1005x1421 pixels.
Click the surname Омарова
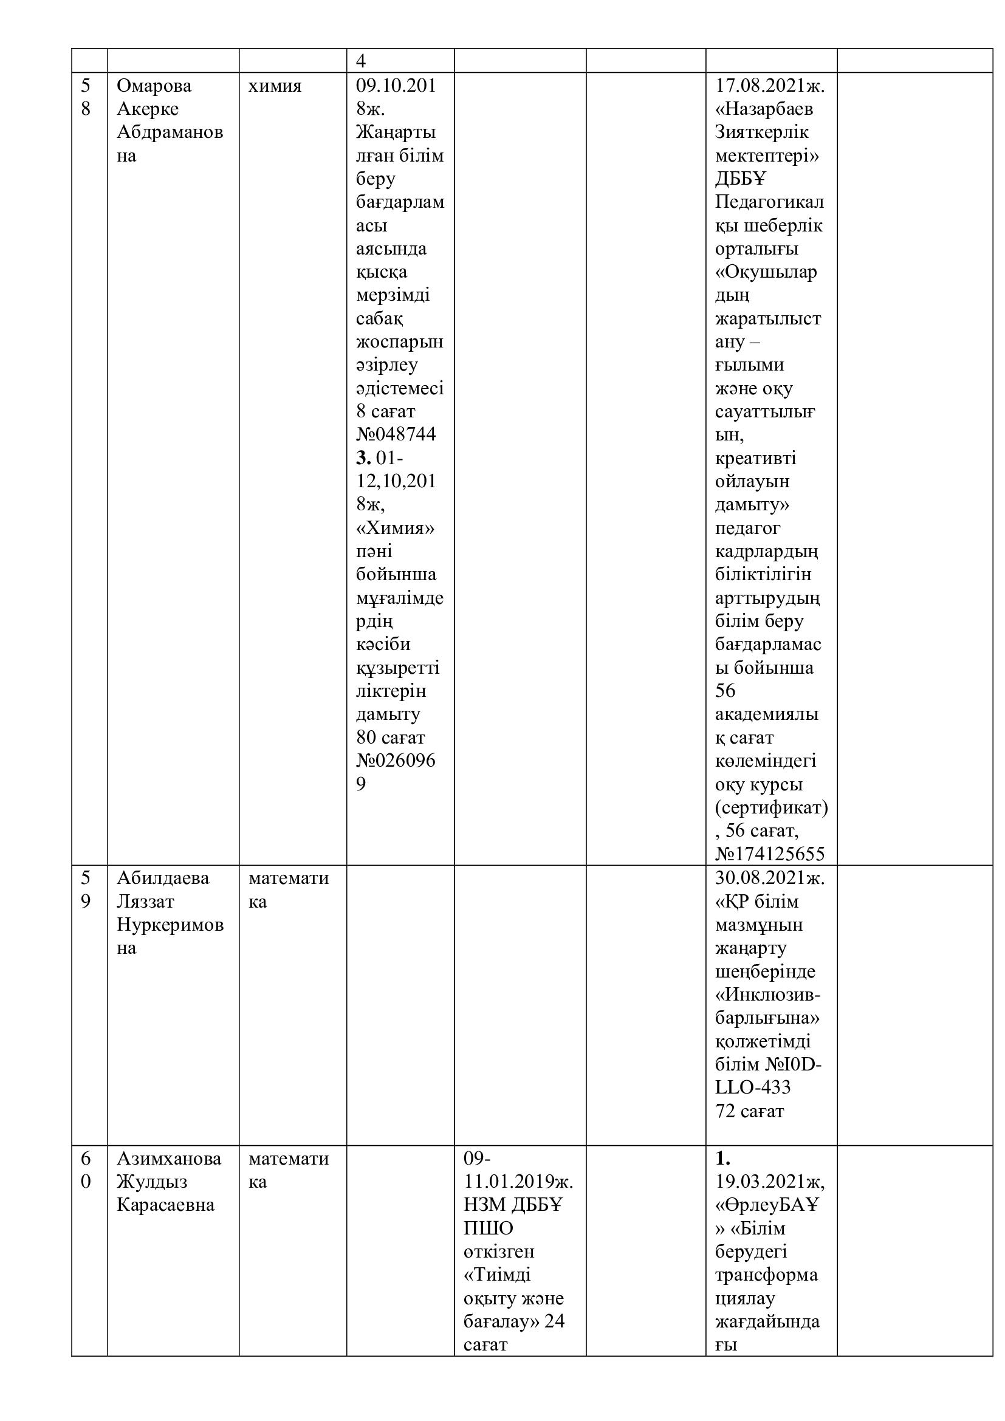click(154, 86)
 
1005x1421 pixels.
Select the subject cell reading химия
click(275, 86)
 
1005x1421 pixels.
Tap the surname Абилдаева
click(163, 878)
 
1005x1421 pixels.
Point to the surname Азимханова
click(169, 1159)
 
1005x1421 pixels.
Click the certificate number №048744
click(396, 434)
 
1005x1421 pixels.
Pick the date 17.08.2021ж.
click(770, 86)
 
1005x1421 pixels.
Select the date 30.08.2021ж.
click(770, 878)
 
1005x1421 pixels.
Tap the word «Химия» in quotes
click(396, 528)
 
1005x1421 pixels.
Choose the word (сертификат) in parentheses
click(771, 807)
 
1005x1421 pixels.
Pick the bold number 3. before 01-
click(363, 458)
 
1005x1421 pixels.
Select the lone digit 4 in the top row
click(361, 61)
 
